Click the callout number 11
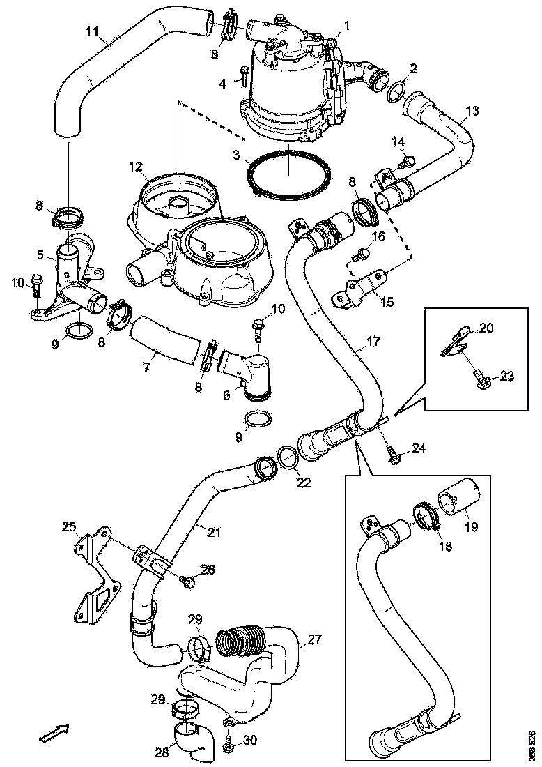[x=92, y=31]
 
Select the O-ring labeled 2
[x=396, y=91]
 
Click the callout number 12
[x=134, y=167]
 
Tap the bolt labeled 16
[x=361, y=255]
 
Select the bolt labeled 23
[x=480, y=379]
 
